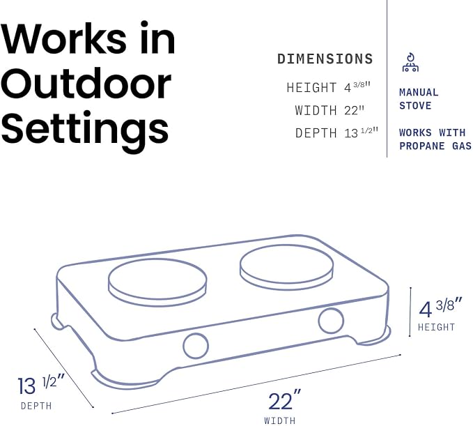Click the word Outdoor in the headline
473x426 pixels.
(86, 84)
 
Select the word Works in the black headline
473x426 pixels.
(63, 38)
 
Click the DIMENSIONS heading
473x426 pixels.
(325, 59)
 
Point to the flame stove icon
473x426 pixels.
(410, 63)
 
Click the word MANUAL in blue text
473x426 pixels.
(419, 93)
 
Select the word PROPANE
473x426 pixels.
(422, 146)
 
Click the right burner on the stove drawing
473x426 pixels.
(286, 267)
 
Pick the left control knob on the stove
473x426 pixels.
(196, 346)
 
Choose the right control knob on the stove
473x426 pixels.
(331, 321)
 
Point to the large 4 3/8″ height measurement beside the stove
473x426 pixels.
(440, 307)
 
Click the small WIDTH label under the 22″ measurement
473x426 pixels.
(279, 420)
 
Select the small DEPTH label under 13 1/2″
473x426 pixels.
(36, 406)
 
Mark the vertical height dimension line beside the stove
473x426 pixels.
(410, 312)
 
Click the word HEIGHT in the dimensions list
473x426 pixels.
(311, 88)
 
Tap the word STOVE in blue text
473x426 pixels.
(415, 106)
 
